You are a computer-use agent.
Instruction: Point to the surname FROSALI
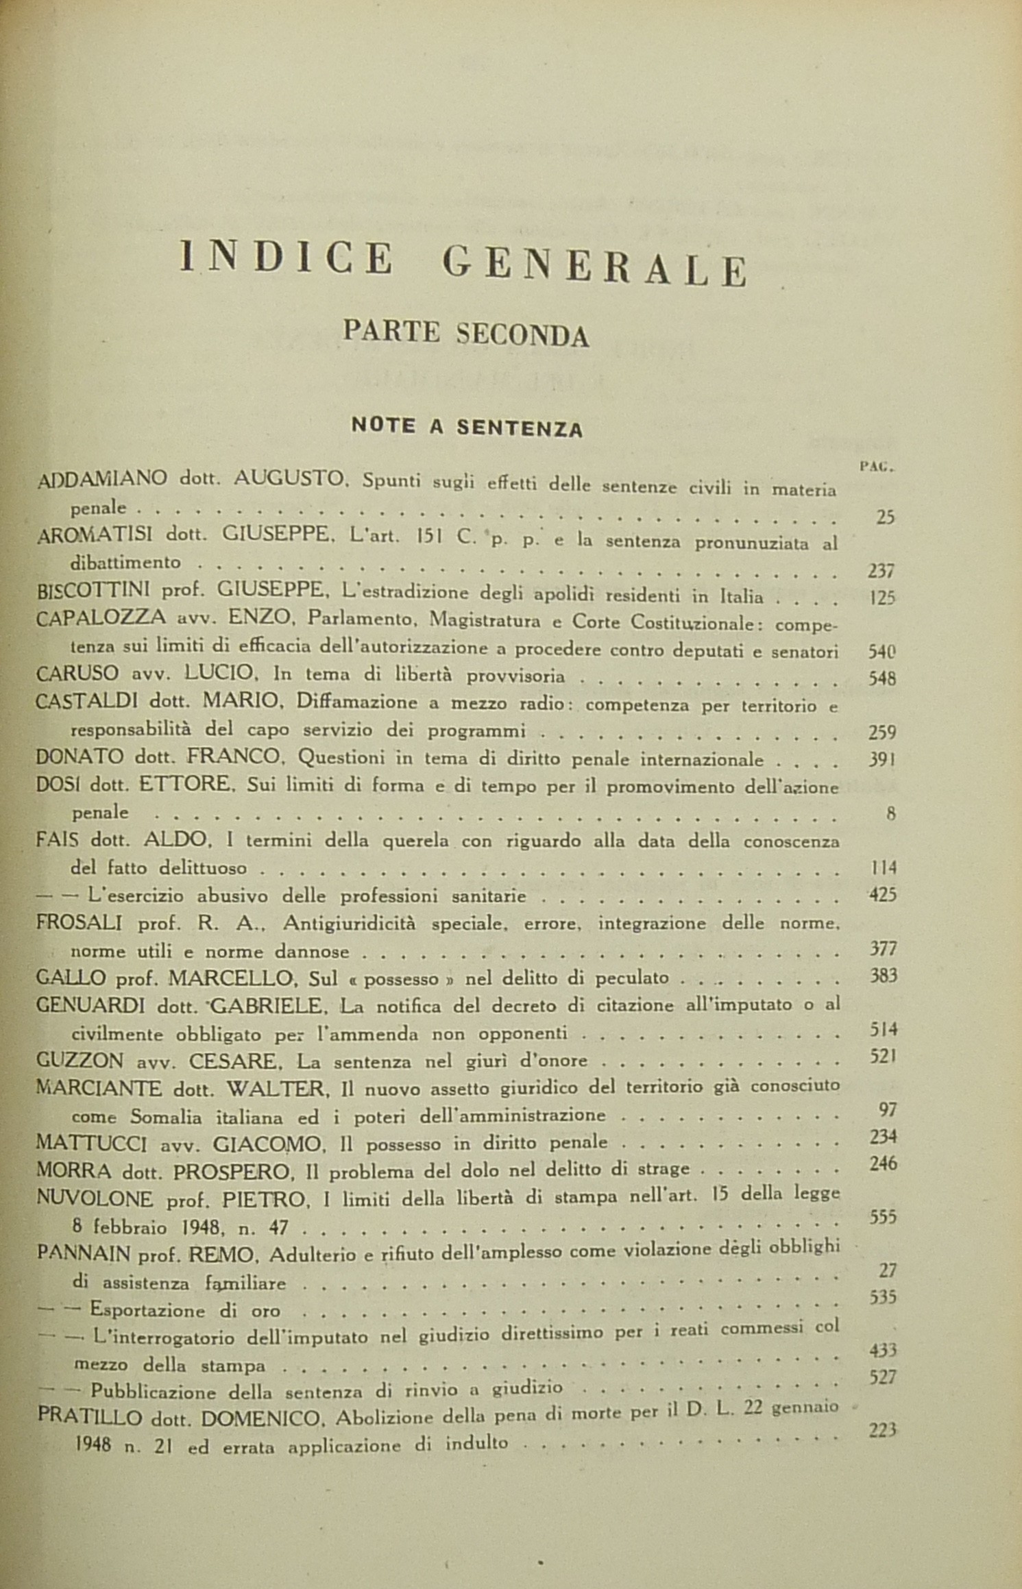[x=79, y=923]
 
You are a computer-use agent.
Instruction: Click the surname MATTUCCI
[x=90, y=1143]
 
